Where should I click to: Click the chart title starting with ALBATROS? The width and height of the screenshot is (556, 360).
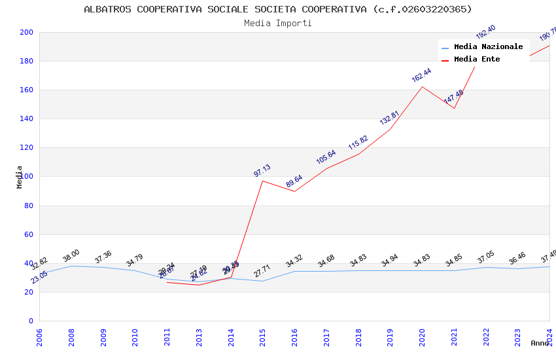278,9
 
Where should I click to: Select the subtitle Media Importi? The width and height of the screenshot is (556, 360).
278,23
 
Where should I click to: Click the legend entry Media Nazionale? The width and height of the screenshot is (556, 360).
488,46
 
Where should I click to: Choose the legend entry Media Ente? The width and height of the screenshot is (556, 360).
477,59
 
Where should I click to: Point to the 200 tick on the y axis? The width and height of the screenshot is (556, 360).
26,32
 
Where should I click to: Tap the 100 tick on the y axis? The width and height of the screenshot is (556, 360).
26,177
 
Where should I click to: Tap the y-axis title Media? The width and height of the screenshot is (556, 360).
20,177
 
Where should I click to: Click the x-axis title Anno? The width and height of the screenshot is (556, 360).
540,343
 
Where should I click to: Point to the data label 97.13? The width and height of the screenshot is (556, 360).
262,170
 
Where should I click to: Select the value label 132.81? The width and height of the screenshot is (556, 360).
390,118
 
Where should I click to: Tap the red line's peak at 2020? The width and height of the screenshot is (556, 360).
422,86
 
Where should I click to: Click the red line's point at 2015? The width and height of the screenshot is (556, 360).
263,181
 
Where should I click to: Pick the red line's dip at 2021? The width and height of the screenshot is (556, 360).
454,108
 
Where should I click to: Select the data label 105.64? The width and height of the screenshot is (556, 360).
326,157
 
